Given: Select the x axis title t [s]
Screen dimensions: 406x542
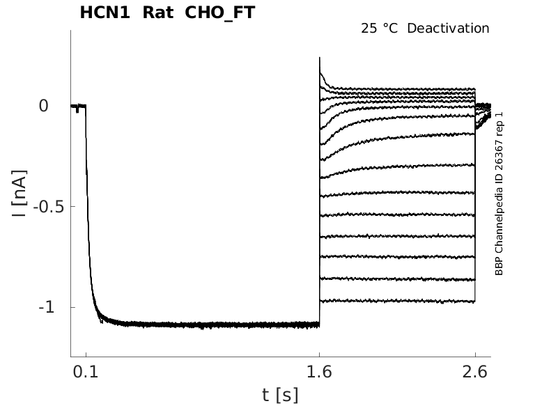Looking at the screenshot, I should [280, 395].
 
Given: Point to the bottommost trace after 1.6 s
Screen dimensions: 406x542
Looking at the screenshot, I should [397, 302].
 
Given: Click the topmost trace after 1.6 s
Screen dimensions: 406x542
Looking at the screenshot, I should [397, 88].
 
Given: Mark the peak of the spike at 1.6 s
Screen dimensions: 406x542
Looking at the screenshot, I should [320, 58].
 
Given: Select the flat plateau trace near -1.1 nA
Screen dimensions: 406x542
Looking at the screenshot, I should [209, 325].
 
